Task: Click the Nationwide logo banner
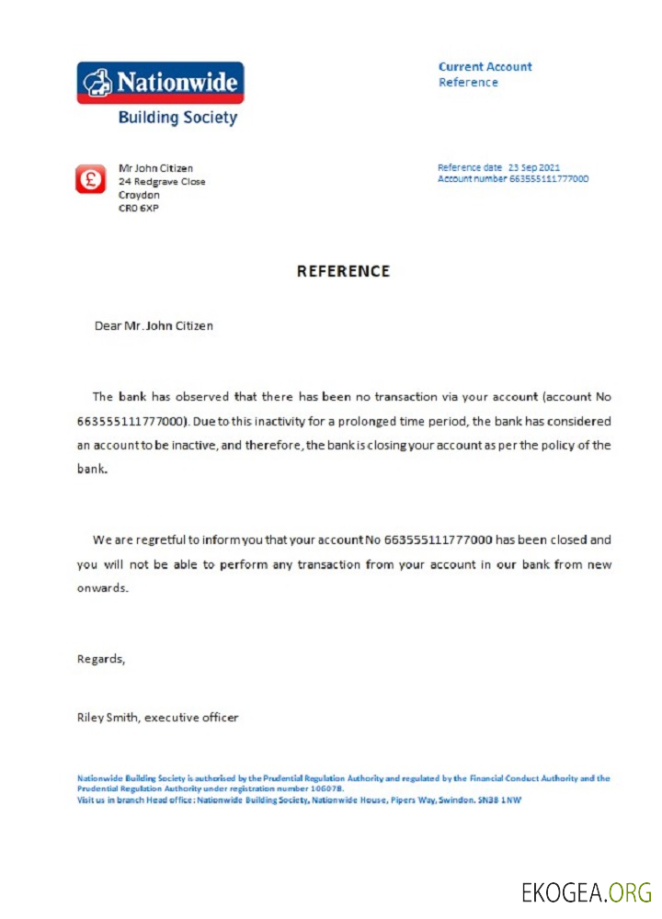click(x=160, y=83)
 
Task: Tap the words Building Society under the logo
click(x=177, y=119)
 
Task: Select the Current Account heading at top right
click(x=485, y=67)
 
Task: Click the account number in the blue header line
click(x=549, y=178)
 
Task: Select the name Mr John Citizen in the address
click(x=155, y=168)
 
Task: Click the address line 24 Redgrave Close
click(x=162, y=182)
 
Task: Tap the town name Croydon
click(x=139, y=195)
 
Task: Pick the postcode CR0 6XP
click(x=139, y=209)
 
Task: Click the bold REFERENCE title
click(x=343, y=271)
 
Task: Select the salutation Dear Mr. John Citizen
click(x=154, y=325)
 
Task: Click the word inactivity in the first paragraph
click(x=268, y=421)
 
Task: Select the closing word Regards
click(x=99, y=659)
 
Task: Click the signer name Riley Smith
click(x=108, y=718)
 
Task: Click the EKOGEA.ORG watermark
click(x=587, y=891)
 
